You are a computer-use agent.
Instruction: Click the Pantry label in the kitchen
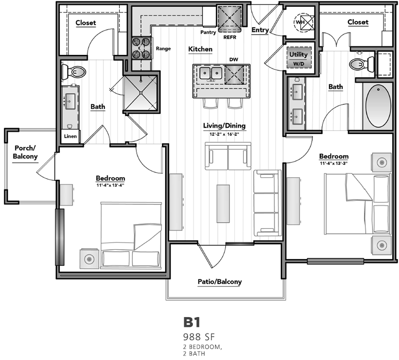click(208, 32)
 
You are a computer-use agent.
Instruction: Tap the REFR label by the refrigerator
click(229, 37)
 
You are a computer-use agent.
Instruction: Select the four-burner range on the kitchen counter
click(141, 48)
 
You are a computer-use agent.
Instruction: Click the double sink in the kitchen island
click(211, 73)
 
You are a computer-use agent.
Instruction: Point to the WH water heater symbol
click(303, 22)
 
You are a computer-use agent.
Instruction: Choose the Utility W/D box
click(299, 58)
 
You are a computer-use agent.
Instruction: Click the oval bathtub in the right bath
click(378, 106)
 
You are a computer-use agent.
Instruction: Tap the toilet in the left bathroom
click(74, 72)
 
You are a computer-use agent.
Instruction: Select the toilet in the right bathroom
click(362, 63)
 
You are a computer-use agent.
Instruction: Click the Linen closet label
click(70, 136)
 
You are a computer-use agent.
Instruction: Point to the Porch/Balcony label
click(25, 152)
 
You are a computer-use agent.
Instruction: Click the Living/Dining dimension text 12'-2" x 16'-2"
click(224, 134)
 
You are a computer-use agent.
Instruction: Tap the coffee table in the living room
click(223, 204)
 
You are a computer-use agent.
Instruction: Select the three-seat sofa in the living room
click(268, 203)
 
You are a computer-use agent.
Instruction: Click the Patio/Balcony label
click(220, 282)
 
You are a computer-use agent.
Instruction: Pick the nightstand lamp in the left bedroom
click(89, 259)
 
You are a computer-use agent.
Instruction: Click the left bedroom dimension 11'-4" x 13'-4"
click(110, 185)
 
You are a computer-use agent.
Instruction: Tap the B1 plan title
click(192, 322)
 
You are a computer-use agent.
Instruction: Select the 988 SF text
click(199, 337)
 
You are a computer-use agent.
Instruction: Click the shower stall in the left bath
click(141, 93)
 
